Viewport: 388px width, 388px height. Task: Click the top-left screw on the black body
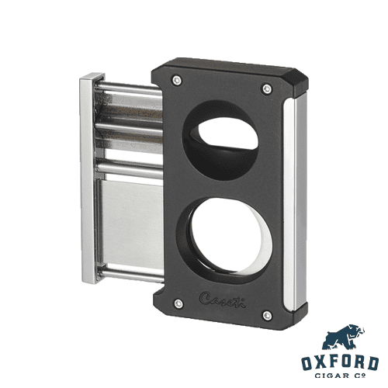click(178, 79)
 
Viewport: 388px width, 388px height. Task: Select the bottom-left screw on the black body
click(178, 303)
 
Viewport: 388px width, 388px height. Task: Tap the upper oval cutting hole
click(225, 140)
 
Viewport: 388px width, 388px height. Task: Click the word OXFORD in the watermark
click(340, 363)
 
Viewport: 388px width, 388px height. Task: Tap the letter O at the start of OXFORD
click(308, 363)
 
